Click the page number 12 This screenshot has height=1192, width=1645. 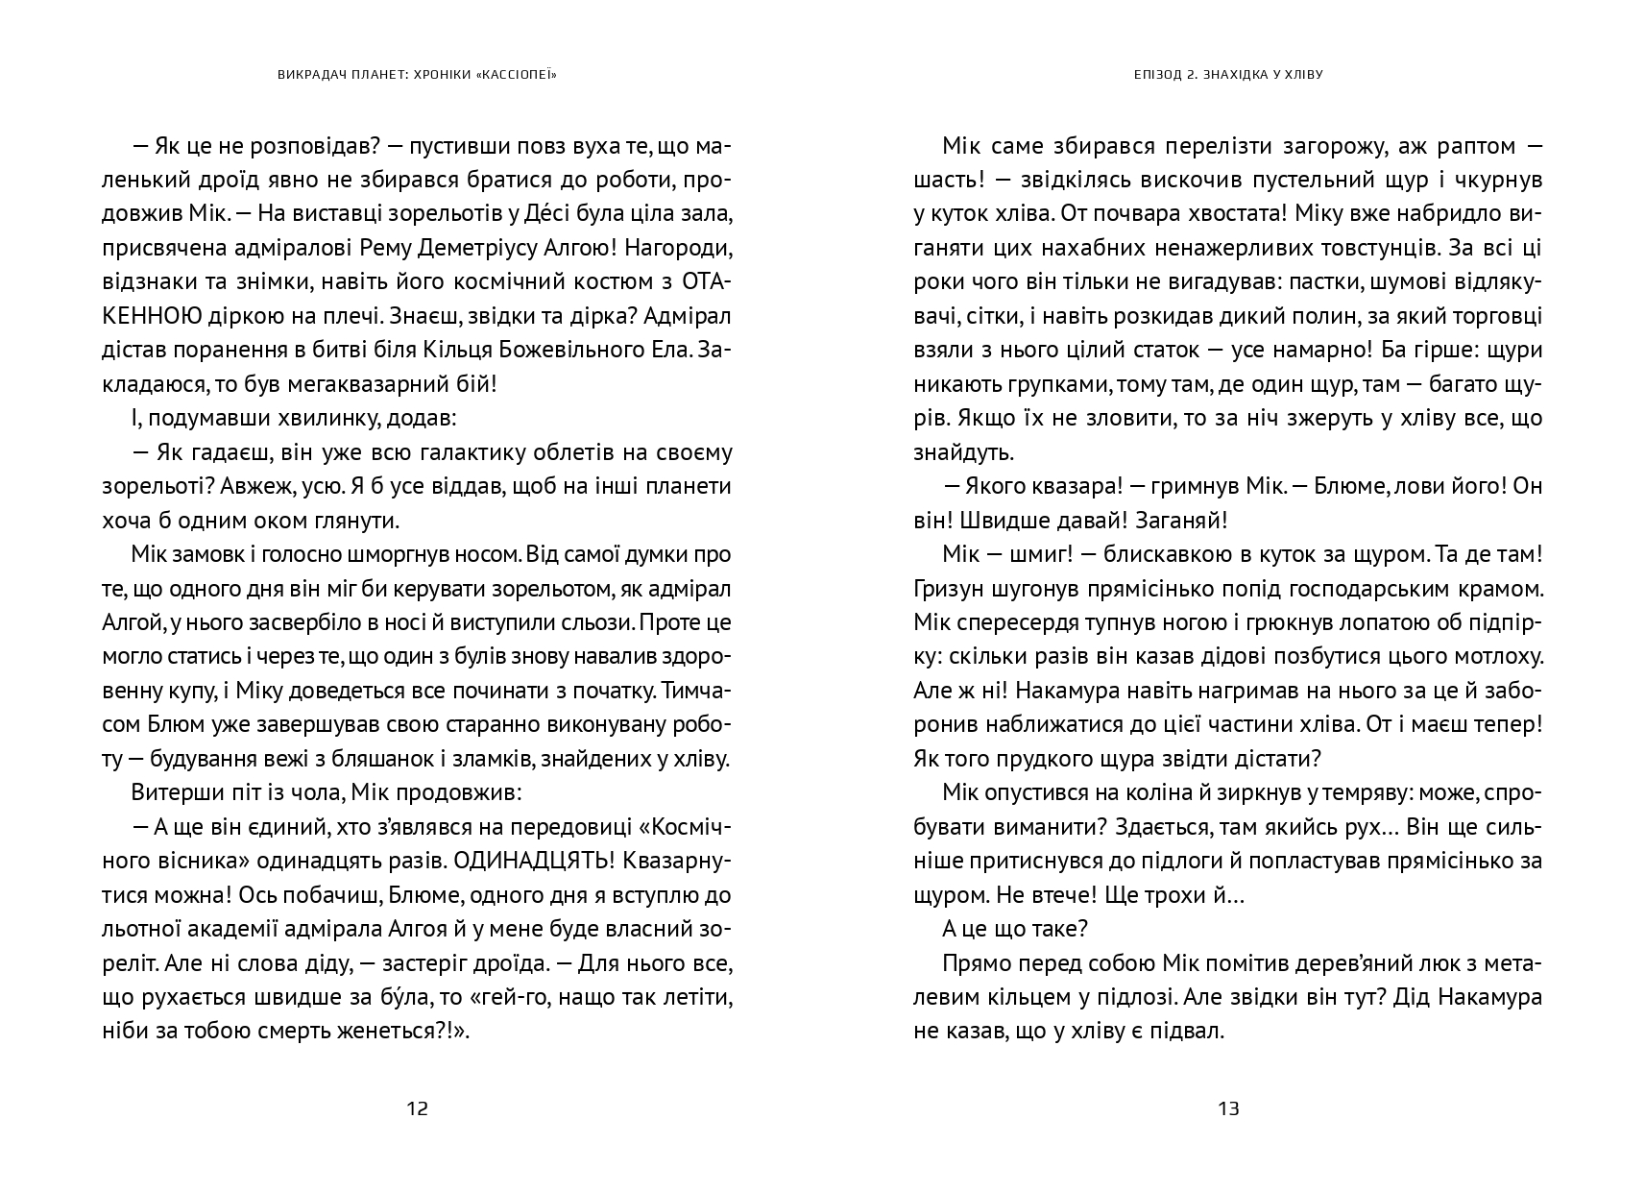tap(417, 1108)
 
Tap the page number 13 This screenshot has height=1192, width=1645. tap(1228, 1108)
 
